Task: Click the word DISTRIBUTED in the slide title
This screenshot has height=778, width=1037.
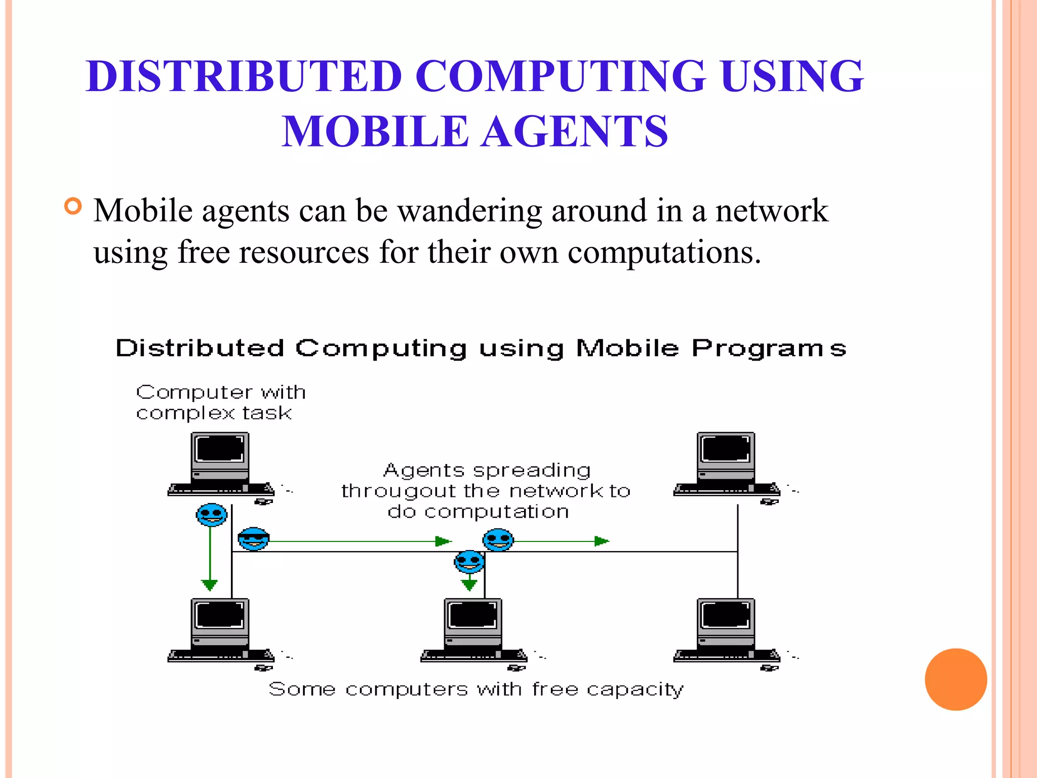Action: [x=244, y=76]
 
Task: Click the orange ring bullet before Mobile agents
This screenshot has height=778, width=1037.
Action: [x=73, y=206]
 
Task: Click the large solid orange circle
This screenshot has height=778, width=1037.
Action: [x=955, y=679]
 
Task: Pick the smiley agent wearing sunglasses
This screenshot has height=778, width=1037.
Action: [x=253, y=539]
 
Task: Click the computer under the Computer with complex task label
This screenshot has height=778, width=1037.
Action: [x=221, y=463]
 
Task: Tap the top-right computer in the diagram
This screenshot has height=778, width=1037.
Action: [x=727, y=463]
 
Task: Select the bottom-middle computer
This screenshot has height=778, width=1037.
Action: [x=473, y=630]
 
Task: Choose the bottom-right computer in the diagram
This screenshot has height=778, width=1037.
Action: [x=727, y=630]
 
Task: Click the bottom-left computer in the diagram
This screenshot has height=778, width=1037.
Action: [x=221, y=630]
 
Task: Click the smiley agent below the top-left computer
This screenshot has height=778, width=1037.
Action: [x=212, y=515]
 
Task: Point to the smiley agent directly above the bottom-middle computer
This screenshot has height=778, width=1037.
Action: [x=469, y=562]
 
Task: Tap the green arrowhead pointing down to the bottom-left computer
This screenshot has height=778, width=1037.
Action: [x=210, y=586]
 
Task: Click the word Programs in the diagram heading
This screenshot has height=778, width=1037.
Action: [x=769, y=349]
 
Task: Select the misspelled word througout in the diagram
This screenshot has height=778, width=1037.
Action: [x=398, y=491]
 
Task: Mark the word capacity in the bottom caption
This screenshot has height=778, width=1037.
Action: [x=635, y=689]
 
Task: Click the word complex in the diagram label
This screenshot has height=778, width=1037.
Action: [x=185, y=413]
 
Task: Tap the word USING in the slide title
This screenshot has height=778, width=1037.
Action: [x=792, y=76]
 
